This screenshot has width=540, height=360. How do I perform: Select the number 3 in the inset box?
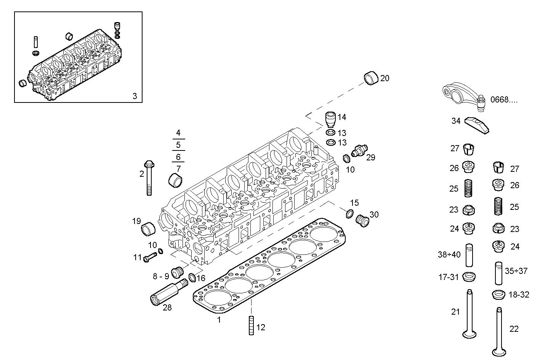pyautogui.click(x=135, y=96)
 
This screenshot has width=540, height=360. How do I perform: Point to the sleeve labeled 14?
pyautogui.click(x=330, y=119)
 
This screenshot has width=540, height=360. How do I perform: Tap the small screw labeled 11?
pyautogui.click(x=150, y=257)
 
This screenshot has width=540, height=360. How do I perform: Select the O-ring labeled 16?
pyautogui.click(x=192, y=277)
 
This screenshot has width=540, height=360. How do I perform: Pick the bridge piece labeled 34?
pyautogui.click(x=476, y=125)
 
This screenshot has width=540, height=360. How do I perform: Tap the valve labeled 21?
pyautogui.click(x=469, y=314)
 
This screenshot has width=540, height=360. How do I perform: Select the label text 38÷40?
pyautogui.click(x=449, y=254)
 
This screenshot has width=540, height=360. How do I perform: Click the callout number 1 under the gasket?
pyautogui.click(x=219, y=320)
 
